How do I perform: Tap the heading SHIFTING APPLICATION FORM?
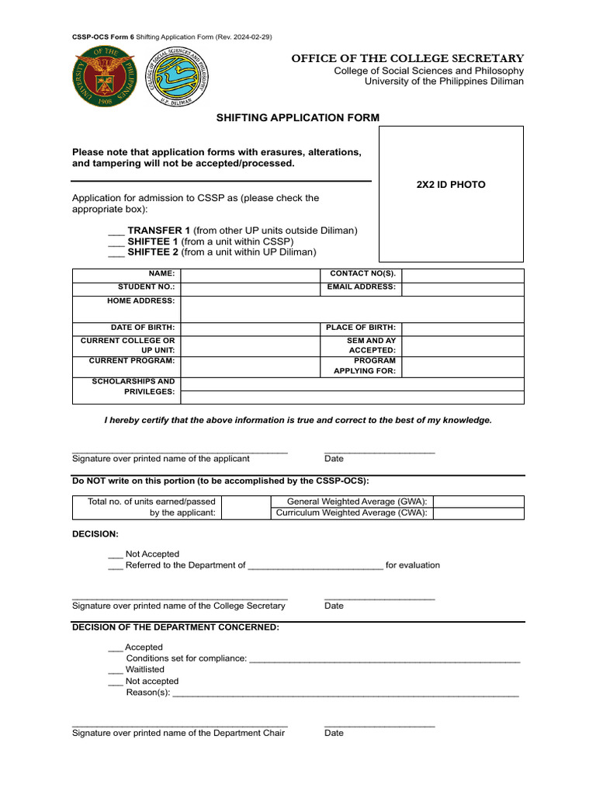tap(298, 117)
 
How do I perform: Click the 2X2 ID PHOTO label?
tap(451, 185)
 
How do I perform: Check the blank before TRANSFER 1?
tap(116, 231)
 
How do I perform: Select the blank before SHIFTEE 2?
tap(116, 252)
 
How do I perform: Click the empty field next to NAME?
tap(250, 275)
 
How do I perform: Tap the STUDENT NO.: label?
tap(146, 287)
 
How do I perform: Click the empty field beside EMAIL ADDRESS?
tap(463, 288)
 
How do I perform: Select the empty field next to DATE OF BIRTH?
tap(250, 328)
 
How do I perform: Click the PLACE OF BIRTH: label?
tap(361, 328)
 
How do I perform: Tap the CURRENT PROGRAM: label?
tap(132, 361)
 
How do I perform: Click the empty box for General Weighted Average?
tap(478, 502)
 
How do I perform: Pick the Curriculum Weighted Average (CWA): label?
tap(352, 513)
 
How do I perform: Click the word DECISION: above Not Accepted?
tap(95, 534)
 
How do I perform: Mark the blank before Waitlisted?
tap(116, 669)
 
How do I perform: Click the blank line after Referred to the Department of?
tap(315, 566)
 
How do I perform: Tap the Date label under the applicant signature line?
tap(334, 459)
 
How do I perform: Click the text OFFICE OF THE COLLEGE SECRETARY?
tap(407, 59)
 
